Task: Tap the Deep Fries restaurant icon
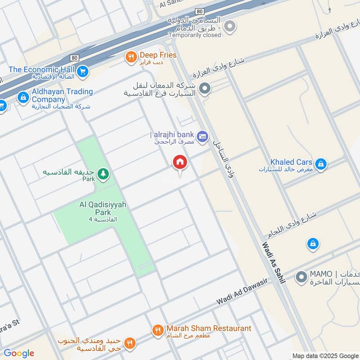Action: [x=131, y=56]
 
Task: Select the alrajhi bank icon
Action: [x=202, y=135]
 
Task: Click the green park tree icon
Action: [x=103, y=174]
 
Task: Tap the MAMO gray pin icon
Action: [x=301, y=277]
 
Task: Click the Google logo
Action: [x=19, y=353]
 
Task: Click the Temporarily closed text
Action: [x=195, y=35]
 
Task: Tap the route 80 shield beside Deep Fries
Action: [x=74, y=58]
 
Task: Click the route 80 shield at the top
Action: [x=200, y=11]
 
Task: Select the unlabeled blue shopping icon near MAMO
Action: [x=312, y=244]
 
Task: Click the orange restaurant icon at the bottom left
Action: [x=130, y=343]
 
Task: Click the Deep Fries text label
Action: [x=158, y=55]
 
